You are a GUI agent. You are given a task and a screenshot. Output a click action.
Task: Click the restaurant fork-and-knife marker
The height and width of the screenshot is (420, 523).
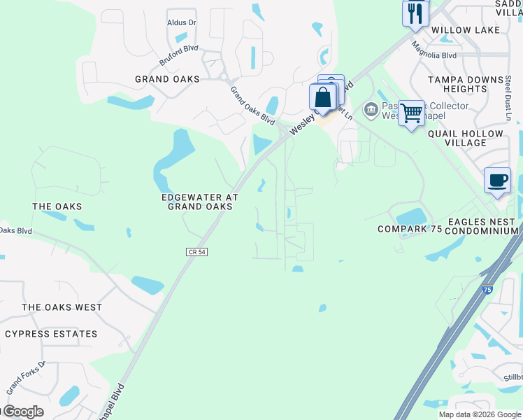[415, 13]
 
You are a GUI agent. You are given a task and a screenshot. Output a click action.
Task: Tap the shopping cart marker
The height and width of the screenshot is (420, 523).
[411, 112]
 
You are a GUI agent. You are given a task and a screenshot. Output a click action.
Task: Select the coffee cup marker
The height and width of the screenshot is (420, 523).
[497, 180]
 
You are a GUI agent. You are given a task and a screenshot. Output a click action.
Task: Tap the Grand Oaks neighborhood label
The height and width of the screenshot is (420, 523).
[167, 79]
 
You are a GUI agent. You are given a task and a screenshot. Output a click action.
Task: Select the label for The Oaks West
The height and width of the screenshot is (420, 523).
[62, 307]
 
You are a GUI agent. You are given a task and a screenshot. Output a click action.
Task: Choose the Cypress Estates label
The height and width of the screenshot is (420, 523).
[51, 334]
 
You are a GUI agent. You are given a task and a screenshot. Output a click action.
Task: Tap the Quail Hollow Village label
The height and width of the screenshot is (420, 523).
[465, 138]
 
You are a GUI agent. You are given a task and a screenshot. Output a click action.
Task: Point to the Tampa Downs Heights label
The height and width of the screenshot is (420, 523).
[466, 84]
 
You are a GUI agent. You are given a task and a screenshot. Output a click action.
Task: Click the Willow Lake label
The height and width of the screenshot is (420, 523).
[466, 30]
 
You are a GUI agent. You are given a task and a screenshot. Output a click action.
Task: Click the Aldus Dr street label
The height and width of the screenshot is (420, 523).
[182, 22]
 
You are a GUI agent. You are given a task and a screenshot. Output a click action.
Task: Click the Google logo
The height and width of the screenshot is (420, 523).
[22, 412]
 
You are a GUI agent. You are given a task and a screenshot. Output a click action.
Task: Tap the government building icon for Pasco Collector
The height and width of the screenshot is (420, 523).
[370, 109]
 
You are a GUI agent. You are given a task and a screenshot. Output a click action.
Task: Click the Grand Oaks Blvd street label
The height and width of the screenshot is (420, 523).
[252, 106]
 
